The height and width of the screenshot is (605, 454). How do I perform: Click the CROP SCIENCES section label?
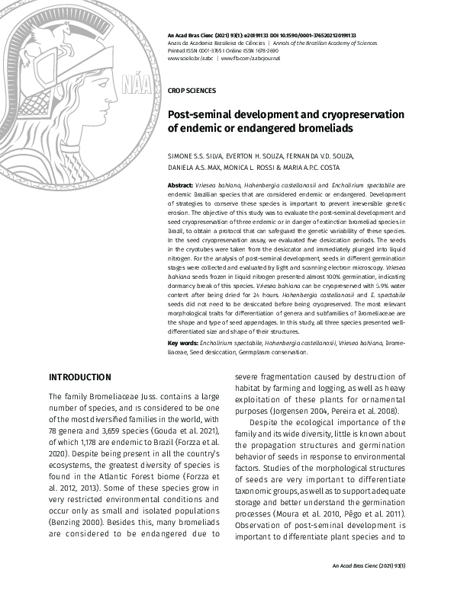pos(191,90)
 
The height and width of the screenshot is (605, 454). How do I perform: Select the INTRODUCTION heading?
pos(80,377)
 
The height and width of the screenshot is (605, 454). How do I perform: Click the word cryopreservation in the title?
pos(339,114)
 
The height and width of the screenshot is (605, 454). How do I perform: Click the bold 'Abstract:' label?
pos(181,186)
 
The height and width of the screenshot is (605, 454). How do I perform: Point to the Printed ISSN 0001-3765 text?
pos(200,50)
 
